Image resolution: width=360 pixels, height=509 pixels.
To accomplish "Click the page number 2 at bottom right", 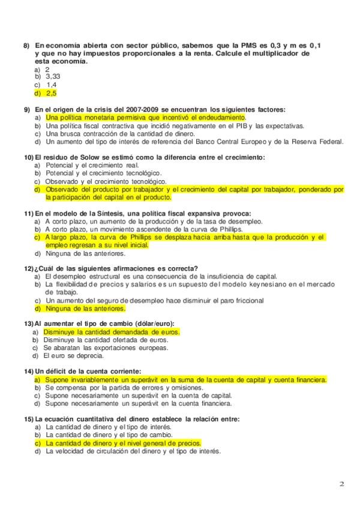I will coord(341,484).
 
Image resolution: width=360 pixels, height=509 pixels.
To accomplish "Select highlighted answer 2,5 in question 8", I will coord(51,93).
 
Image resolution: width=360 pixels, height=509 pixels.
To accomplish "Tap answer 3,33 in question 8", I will coord(53,77).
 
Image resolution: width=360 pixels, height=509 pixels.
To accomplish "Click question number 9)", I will coord(27,110).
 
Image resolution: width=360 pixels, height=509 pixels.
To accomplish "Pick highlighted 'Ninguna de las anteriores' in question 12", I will coord(85,309).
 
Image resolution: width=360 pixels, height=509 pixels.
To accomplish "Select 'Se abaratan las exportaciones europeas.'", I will coord(106,347).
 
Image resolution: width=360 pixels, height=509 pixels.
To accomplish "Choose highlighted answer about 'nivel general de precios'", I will coord(123,443).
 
